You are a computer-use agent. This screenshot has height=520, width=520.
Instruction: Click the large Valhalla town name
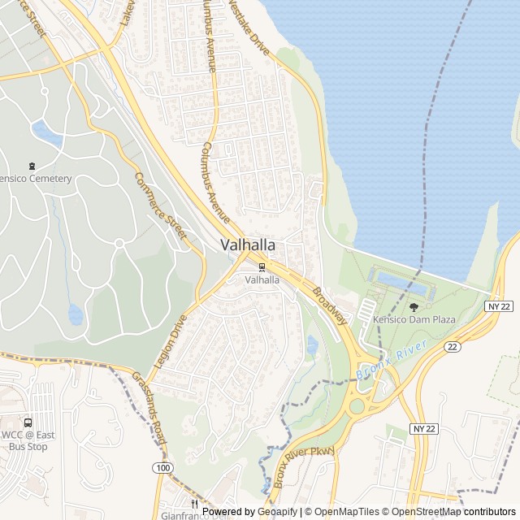coord(247,245)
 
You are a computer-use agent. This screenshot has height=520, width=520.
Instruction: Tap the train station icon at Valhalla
coord(262,267)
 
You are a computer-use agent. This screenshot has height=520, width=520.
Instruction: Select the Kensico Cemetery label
coord(36,179)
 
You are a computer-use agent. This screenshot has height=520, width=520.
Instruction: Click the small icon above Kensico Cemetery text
coord(32,166)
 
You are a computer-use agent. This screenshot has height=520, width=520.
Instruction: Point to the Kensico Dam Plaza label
coord(414,319)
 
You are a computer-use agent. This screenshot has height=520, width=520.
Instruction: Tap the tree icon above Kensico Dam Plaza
coord(414,306)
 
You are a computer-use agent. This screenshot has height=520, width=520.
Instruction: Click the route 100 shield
coord(164,467)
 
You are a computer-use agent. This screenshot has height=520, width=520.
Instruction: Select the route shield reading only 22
coord(451,347)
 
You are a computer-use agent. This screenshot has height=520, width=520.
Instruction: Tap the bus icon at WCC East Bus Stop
coord(28,422)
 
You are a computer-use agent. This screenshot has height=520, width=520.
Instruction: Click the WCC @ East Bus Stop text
coord(26,440)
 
